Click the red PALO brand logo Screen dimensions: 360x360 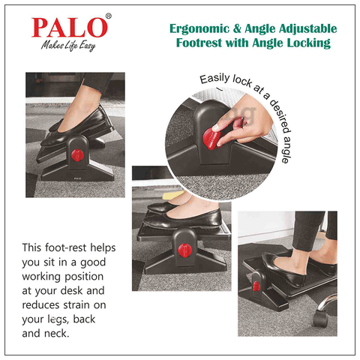(70, 28)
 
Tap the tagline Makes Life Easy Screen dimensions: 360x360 (68, 46)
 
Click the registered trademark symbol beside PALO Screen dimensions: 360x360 (109, 16)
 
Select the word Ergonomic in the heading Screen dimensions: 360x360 (199, 28)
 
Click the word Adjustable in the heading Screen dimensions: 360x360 (308, 28)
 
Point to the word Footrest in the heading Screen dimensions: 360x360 (199, 43)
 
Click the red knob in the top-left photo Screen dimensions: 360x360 (77, 155)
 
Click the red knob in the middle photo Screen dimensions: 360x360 (185, 250)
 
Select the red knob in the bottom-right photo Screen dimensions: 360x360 (256, 286)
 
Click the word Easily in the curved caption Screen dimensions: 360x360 (214, 79)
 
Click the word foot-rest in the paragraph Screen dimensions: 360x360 (65, 247)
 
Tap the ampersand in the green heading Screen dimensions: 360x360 (237, 28)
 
